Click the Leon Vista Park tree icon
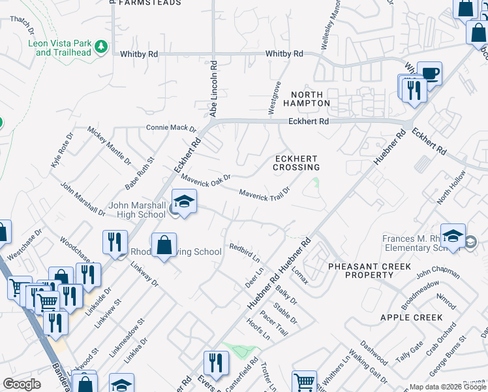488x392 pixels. (x=100, y=46)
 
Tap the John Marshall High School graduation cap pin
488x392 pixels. (x=184, y=202)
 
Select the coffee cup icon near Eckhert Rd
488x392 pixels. (x=429, y=73)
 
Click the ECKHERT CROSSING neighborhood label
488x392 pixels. (x=296, y=163)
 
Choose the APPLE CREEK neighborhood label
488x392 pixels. (x=411, y=318)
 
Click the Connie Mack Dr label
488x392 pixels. (x=171, y=128)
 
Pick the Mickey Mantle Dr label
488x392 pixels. (x=100, y=144)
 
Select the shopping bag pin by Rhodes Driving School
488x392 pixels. (x=164, y=246)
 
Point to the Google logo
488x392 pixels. (x=22, y=384)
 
